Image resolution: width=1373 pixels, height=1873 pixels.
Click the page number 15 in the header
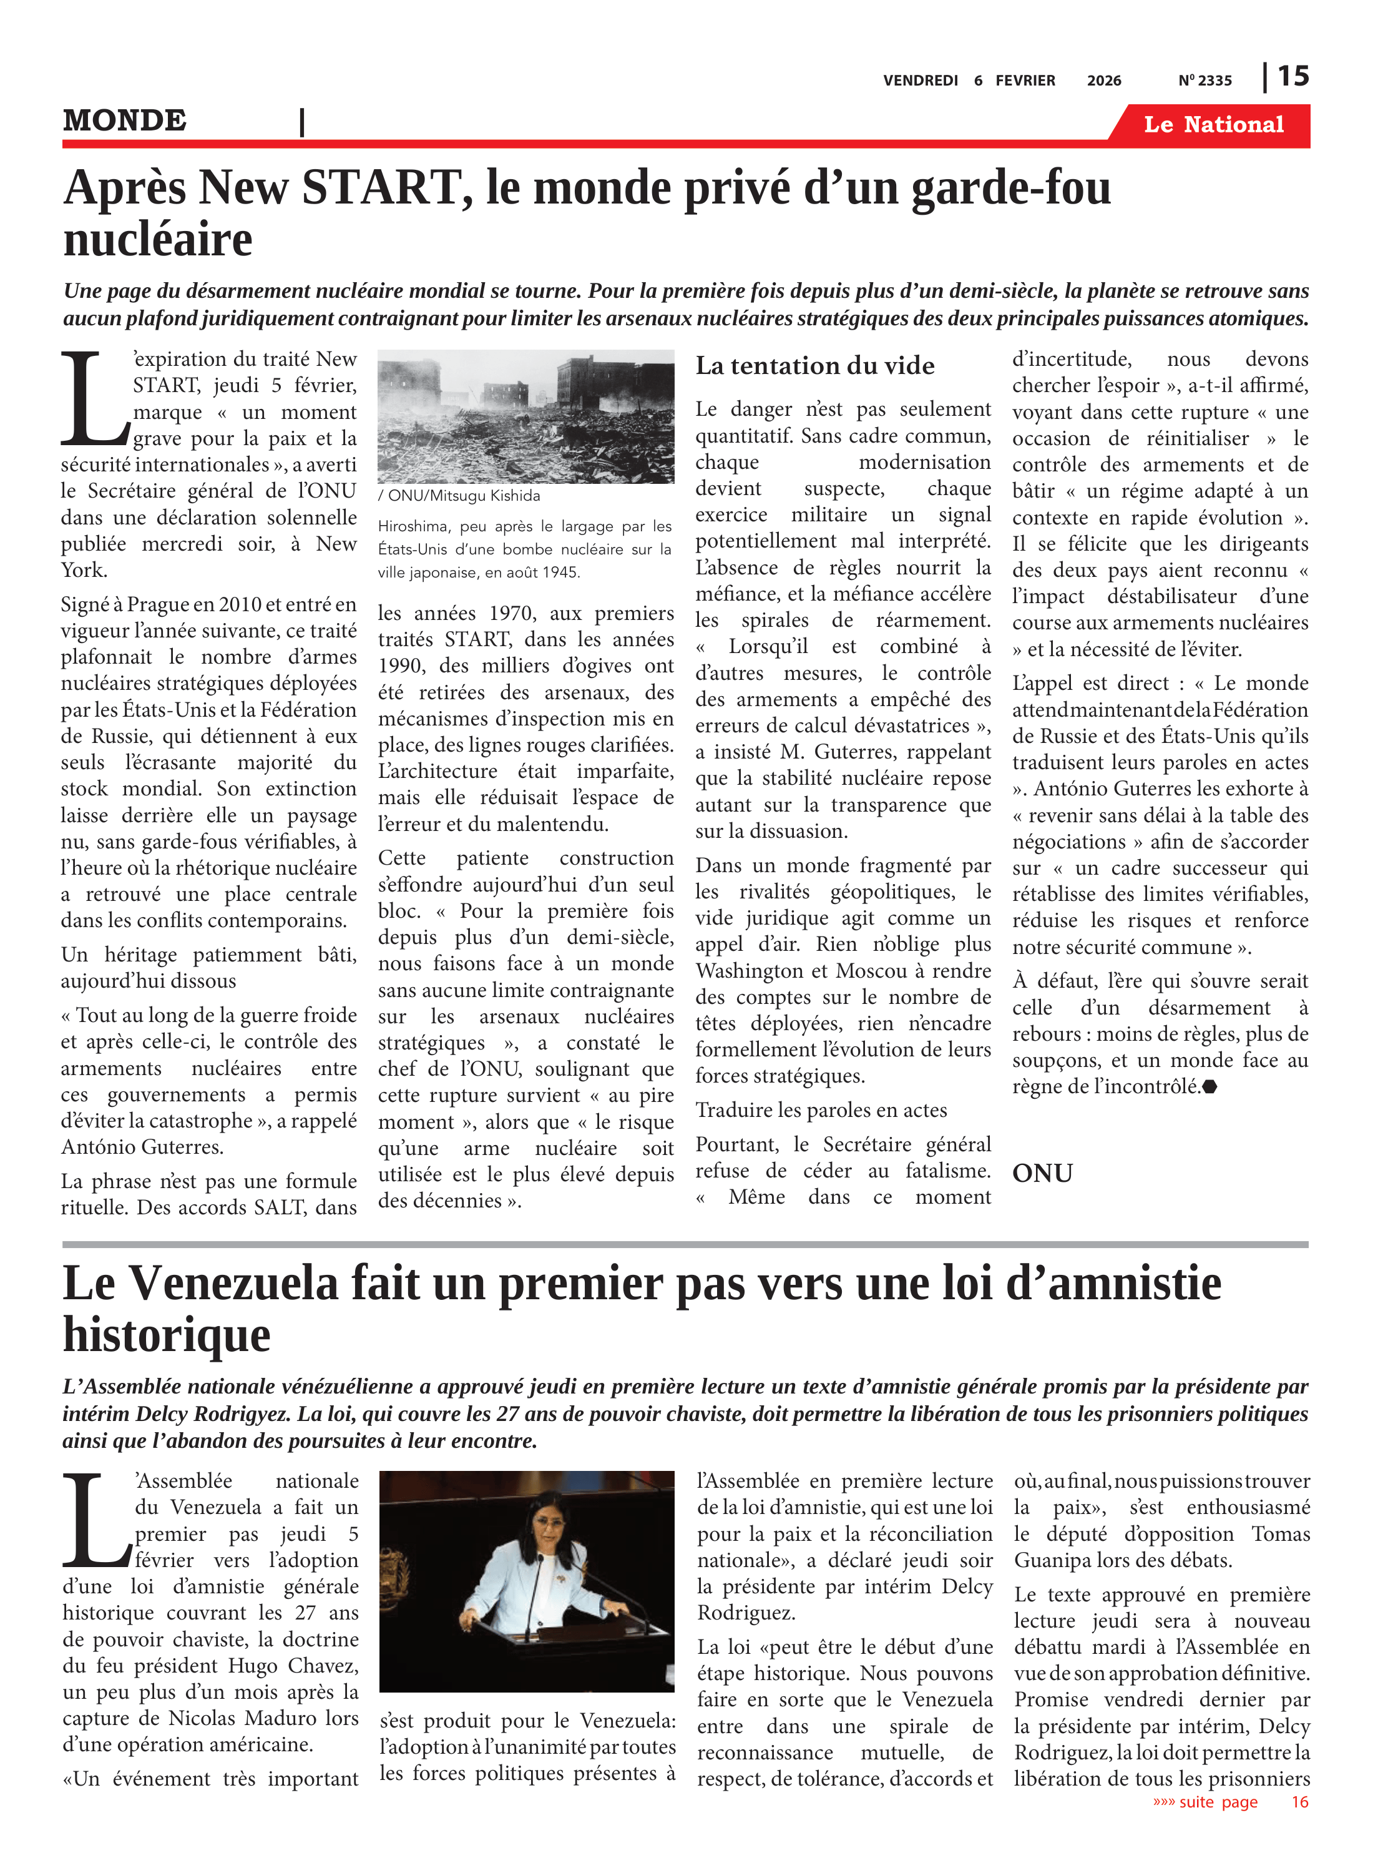1292,77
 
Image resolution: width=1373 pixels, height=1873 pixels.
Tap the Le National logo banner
1213,125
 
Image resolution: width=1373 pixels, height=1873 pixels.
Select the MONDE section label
125,120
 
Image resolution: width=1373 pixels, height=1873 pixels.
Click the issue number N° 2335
1205,81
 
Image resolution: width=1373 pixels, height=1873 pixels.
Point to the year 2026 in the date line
1104,81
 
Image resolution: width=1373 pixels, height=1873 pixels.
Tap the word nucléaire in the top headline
158,240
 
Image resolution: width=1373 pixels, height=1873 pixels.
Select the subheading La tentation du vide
814,366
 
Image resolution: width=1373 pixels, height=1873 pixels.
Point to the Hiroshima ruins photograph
525,416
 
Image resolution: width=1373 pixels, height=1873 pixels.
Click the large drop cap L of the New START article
94,399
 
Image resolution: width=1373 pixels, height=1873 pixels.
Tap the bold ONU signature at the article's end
1042,1173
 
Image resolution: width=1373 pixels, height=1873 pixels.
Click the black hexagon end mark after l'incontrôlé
1210,1086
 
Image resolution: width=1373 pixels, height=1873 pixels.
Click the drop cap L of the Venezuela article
96,1522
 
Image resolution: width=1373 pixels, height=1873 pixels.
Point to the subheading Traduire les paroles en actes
821,1110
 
